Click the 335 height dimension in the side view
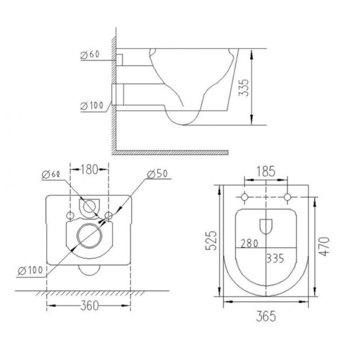243,87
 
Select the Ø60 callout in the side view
90,54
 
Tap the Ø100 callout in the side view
92,106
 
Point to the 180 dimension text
89,170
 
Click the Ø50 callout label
157,174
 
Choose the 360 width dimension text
89,306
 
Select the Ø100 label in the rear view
30,270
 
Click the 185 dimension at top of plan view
265,171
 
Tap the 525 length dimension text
211,240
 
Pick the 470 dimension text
324,247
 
